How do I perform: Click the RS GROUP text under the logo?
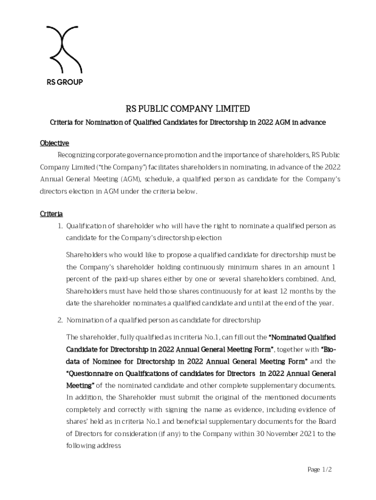[64, 82]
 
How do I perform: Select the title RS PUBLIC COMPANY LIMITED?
[188, 108]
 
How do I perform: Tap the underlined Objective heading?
[54, 143]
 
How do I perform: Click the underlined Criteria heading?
[51, 214]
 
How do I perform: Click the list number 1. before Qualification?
[61, 226]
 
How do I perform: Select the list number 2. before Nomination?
[61, 320]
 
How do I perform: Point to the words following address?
[93, 445]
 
